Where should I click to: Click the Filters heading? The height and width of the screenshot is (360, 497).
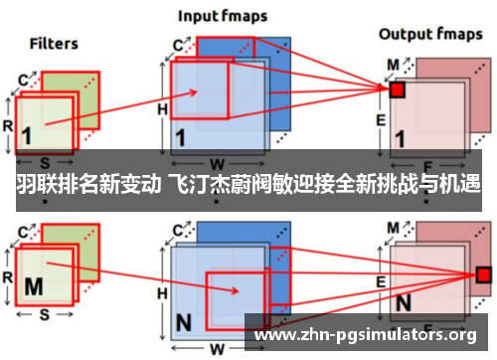(x=54, y=44)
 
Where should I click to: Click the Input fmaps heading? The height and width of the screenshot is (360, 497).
(x=221, y=17)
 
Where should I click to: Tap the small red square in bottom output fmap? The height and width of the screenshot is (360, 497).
(x=484, y=273)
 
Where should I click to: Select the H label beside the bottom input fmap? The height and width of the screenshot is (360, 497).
(x=163, y=266)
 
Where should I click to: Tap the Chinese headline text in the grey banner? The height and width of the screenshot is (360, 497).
(x=248, y=185)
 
